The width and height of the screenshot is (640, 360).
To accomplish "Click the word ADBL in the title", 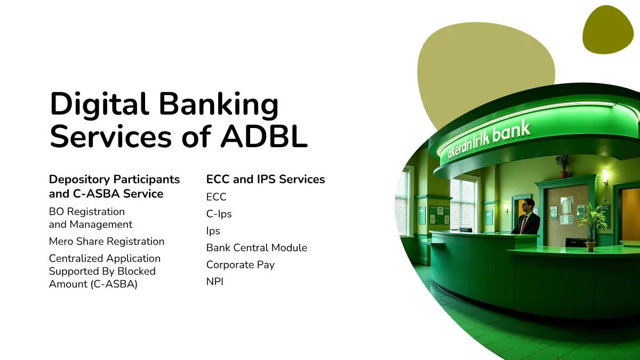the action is coord(264,137).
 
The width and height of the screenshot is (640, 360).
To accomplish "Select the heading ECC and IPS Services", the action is coord(266,179).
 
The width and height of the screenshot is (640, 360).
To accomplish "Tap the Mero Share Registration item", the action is coord(107,242).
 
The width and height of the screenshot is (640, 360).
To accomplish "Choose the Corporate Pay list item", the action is coord(241,265).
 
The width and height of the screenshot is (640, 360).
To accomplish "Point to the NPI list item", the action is coord(215,282).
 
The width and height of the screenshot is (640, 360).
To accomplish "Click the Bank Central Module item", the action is coord(257,247).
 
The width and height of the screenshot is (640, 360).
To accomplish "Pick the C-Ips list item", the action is coord(219,214).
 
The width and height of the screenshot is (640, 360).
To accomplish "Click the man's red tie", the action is coord(523,224).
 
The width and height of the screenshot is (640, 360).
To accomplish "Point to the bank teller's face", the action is coord(525,205).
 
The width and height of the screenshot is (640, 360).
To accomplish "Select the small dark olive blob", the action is coord(608,29).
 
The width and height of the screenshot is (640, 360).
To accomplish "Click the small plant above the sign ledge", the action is coord(562,166).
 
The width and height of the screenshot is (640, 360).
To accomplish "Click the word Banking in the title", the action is coord(219,105).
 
